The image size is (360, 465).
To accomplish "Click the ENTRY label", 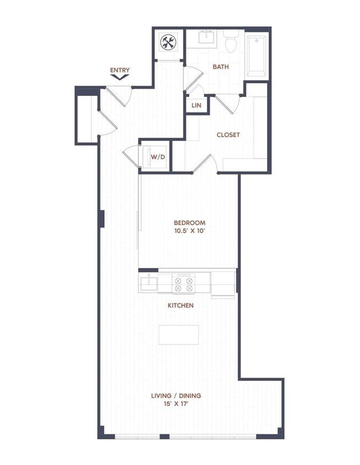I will pyautogui.click(x=119, y=70).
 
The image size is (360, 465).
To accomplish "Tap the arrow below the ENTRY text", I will pyautogui.click(x=119, y=78).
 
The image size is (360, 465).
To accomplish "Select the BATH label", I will pyautogui.click(x=221, y=67).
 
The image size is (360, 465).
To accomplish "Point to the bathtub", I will pyautogui.click(x=256, y=56).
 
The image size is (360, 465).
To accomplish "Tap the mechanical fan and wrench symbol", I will pyautogui.click(x=167, y=42).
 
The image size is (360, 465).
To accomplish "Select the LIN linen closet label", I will pyautogui.click(x=196, y=105).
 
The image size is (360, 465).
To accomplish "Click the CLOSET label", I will pyautogui.click(x=228, y=135).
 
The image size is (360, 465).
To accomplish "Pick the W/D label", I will pyautogui.click(x=158, y=157).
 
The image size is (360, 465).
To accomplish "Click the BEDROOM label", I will pyautogui.click(x=189, y=223).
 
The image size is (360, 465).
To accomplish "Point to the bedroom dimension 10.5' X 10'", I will pyautogui.click(x=189, y=231).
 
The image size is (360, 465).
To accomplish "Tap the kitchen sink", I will pyautogui.click(x=149, y=284).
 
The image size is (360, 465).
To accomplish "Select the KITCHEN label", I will pyautogui.click(x=181, y=305).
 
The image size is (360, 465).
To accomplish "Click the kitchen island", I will pyautogui.click(x=179, y=334).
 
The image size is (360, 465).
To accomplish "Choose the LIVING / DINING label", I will pyautogui.click(x=176, y=396).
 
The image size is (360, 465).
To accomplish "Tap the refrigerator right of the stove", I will pyautogui.click(x=223, y=282).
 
